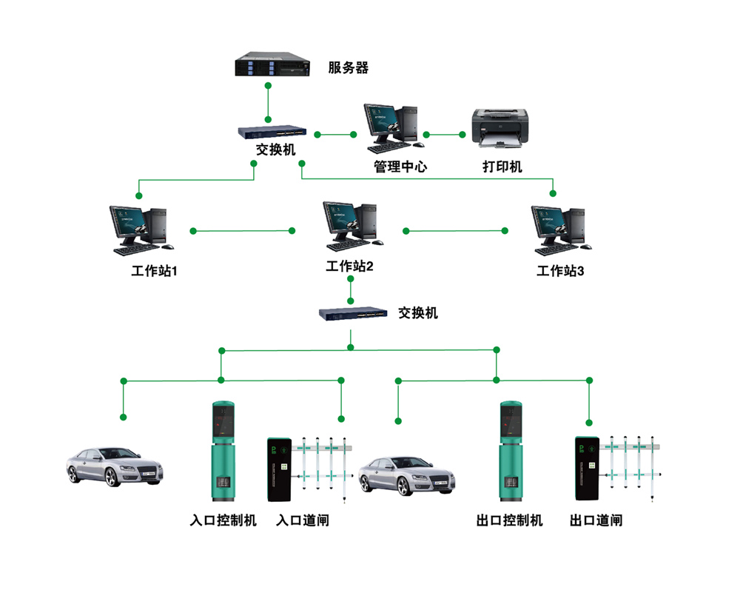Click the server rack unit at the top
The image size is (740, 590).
coord(270,64)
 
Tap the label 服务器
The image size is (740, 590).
coord(348,68)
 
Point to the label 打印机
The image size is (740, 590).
coord(502,167)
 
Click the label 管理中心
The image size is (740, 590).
coord(400,167)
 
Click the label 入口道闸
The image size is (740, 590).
coord(302,520)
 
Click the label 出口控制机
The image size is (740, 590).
coord(509,520)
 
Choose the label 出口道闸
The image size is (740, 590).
coord(596,520)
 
